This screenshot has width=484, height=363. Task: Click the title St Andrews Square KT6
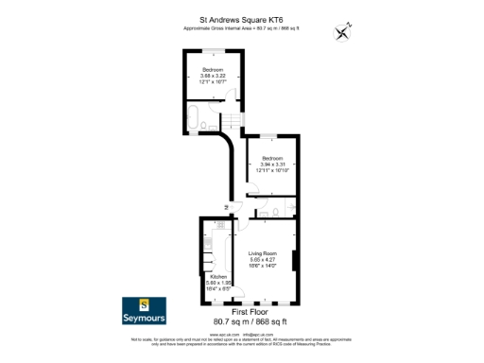[242, 17]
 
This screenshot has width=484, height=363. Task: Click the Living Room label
[262, 253]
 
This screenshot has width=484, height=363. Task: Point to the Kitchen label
[218, 276]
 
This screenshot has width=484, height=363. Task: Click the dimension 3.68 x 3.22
[212, 77]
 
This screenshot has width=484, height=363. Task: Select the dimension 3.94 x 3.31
[273, 164]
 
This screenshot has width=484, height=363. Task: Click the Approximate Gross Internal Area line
[242, 28]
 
